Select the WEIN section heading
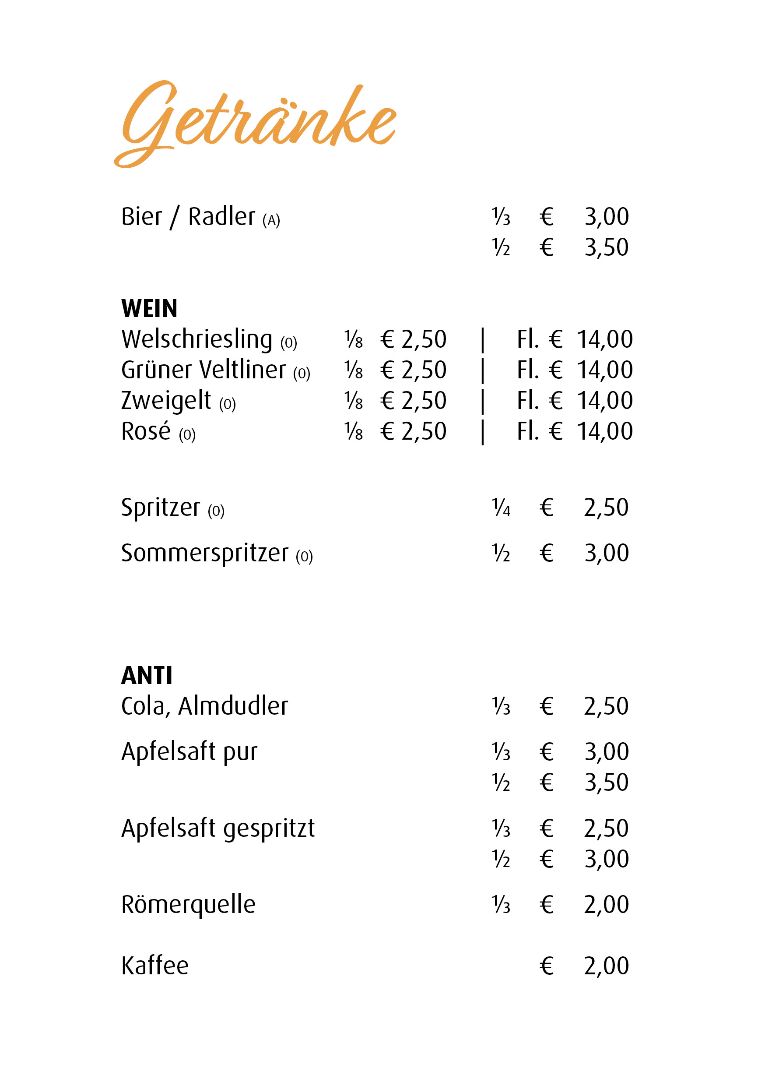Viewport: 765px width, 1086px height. point(149,309)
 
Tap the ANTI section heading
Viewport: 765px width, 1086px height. point(147,675)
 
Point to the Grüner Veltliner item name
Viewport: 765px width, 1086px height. point(204,370)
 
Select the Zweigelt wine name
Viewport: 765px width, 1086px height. point(166,401)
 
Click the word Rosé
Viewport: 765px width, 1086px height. point(146,431)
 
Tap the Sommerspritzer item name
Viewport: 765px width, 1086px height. point(204,554)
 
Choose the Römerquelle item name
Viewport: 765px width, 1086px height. point(188,905)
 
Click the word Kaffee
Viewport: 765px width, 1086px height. point(155,966)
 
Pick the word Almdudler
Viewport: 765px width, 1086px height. point(233,706)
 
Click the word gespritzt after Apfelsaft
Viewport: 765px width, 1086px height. point(269,829)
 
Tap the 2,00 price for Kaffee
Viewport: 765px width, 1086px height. point(606,966)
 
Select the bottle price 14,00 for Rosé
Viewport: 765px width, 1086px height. point(605,431)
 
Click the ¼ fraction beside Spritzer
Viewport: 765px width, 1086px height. point(501,508)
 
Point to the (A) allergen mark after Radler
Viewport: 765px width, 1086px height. point(271,220)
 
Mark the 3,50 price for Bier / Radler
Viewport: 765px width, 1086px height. point(606,247)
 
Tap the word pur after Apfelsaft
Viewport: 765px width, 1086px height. point(240,752)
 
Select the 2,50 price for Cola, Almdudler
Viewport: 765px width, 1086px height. point(606,707)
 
